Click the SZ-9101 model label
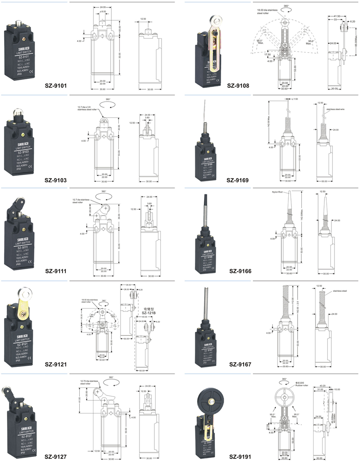tap(56, 86)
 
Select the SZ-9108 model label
tap(238, 86)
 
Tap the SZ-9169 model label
tap(238, 180)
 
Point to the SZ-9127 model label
tap(56, 457)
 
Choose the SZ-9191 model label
tap(240, 457)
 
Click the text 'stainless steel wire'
tap(335, 109)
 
